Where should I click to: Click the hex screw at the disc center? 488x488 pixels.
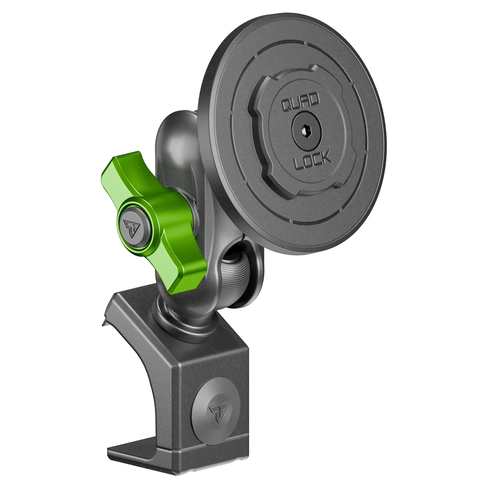[306, 131]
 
